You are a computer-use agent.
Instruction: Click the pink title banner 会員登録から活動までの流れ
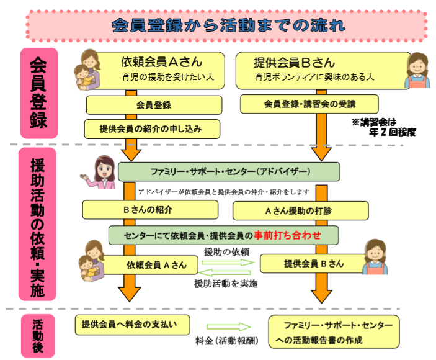pos(226,25)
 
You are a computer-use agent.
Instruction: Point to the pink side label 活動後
pos(38,335)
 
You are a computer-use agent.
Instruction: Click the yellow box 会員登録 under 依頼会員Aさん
pos(153,105)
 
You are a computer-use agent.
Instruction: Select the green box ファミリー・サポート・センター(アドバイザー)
pos(229,171)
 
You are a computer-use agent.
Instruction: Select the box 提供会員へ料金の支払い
pos(131,323)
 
